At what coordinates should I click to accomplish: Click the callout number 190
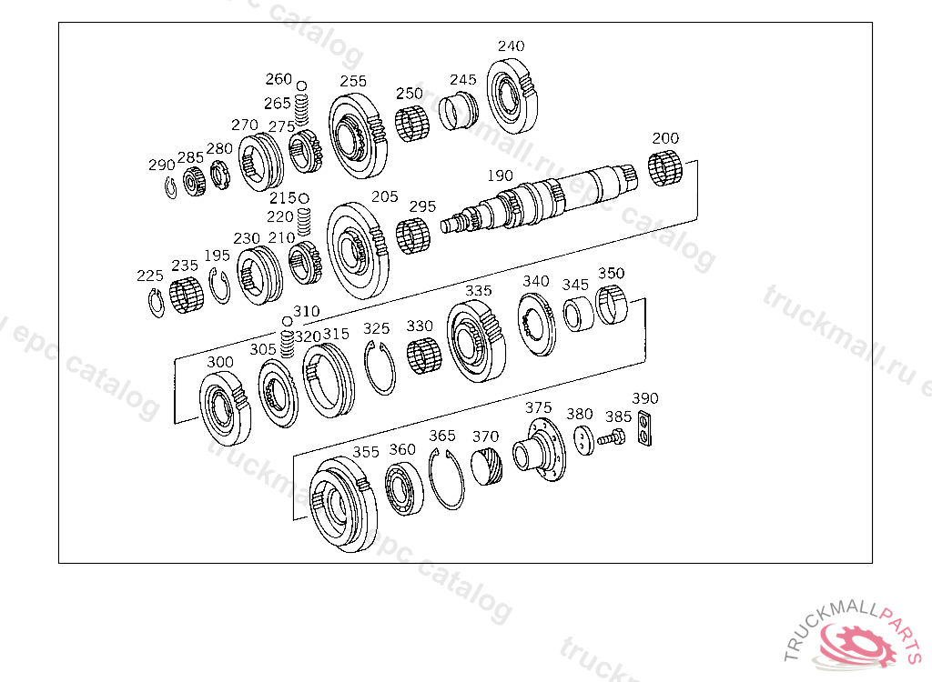500,176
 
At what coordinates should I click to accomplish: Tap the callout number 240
512,45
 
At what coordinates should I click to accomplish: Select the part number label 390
645,398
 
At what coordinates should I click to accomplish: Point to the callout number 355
366,452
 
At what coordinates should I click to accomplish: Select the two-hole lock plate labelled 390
644,427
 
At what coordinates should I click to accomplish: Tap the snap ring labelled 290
170,187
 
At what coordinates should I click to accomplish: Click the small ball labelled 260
301,86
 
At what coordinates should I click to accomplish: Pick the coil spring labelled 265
302,109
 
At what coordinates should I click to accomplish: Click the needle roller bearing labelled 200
664,168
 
